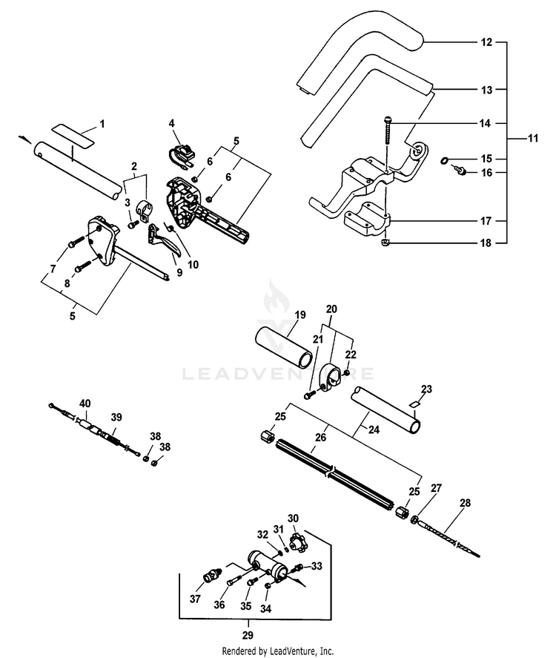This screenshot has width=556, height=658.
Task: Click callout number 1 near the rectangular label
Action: (x=102, y=122)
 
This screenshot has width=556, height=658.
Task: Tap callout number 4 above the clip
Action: (x=171, y=123)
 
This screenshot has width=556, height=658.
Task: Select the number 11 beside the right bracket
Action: (x=532, y=138)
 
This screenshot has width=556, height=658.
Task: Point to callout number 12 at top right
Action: (x=486, y=42)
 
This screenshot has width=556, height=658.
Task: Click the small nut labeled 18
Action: (x=386, y=242)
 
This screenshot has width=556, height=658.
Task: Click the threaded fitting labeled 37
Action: (x=212, y=577)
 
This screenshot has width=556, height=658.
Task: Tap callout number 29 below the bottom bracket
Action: (x=248, y=635)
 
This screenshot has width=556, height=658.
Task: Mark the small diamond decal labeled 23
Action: (x=414, y=403)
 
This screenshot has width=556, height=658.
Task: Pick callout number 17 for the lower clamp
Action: (x=486, y=221)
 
